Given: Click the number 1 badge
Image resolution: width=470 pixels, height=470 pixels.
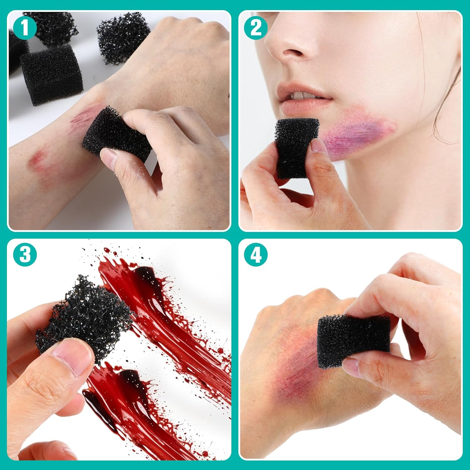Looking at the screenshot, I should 25,27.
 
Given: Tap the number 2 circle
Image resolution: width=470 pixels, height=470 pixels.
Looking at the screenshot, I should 256,27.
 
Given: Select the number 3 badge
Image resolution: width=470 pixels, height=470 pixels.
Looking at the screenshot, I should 25,254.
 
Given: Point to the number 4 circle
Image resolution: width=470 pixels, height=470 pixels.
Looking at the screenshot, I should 256,254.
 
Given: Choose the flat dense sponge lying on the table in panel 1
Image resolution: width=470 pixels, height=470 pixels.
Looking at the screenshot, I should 52,74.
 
